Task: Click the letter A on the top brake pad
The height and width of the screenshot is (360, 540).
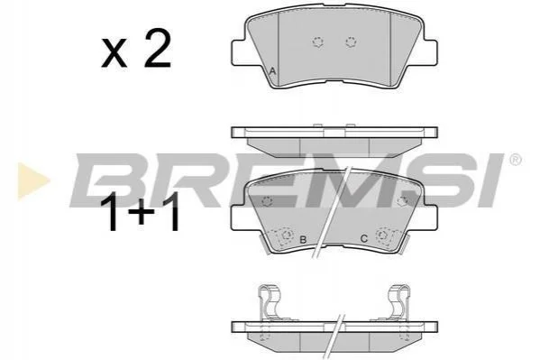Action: click(x=273, y=71)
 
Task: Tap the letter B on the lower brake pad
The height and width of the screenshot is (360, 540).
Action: click(x=303, y=240)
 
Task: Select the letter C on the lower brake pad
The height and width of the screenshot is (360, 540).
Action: click(x=364, y=238)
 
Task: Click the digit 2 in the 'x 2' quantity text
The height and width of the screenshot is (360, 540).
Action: click(x=158, y=49)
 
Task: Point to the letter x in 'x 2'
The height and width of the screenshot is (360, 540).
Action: click(x=114, y=54)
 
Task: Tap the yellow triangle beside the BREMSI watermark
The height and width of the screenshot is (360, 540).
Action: click(x=32, y=181)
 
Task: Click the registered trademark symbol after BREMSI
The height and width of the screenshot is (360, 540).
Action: click(x=515, y=160)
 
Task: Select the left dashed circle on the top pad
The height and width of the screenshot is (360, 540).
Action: click(x=318, y=42)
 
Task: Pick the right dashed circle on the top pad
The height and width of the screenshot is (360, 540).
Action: click(x=351, y=42)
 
